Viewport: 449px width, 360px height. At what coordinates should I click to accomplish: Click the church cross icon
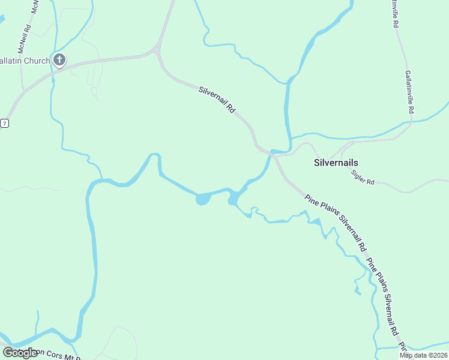59,59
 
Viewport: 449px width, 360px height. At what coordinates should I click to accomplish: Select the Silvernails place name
336,163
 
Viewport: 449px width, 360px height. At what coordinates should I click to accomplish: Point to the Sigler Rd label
363,176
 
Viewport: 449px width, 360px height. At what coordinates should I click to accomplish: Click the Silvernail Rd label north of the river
216,100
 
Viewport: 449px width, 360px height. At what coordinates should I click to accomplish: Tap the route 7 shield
4,123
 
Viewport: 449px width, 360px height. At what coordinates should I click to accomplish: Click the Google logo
20,353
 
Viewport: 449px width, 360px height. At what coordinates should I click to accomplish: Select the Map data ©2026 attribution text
423,355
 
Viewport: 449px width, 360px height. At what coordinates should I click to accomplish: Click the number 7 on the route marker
4,123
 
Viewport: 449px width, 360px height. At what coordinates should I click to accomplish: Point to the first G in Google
7,352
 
